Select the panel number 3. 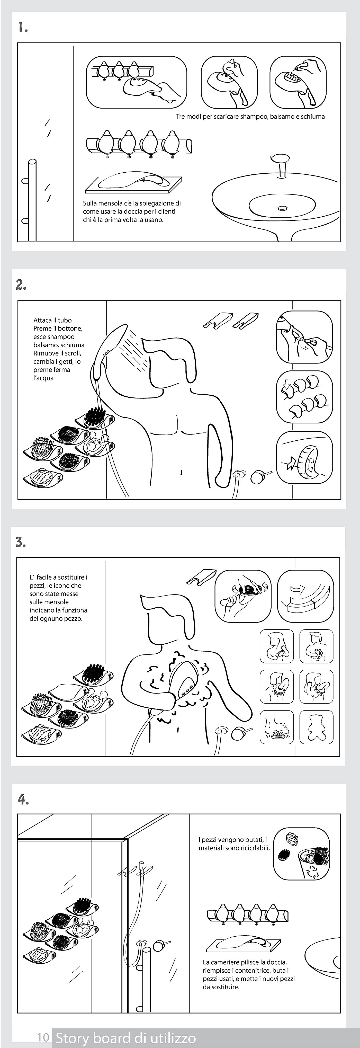coord(21,542)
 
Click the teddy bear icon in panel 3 coord(316,727)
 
